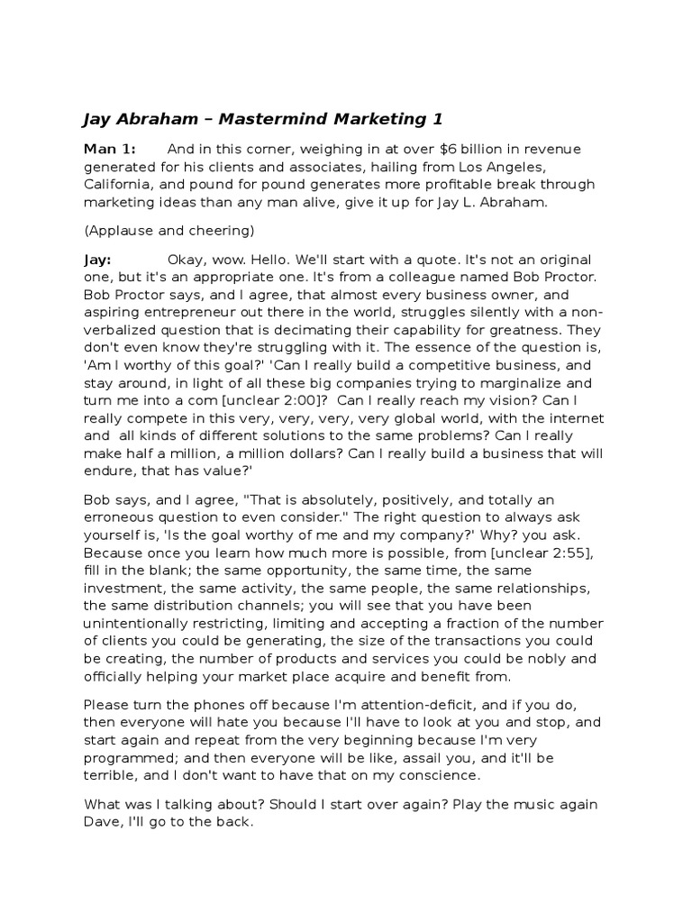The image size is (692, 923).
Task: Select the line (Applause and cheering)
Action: coord(169,228)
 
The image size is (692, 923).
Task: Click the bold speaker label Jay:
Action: coord(96,259)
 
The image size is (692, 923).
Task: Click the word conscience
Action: coord(437,775)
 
